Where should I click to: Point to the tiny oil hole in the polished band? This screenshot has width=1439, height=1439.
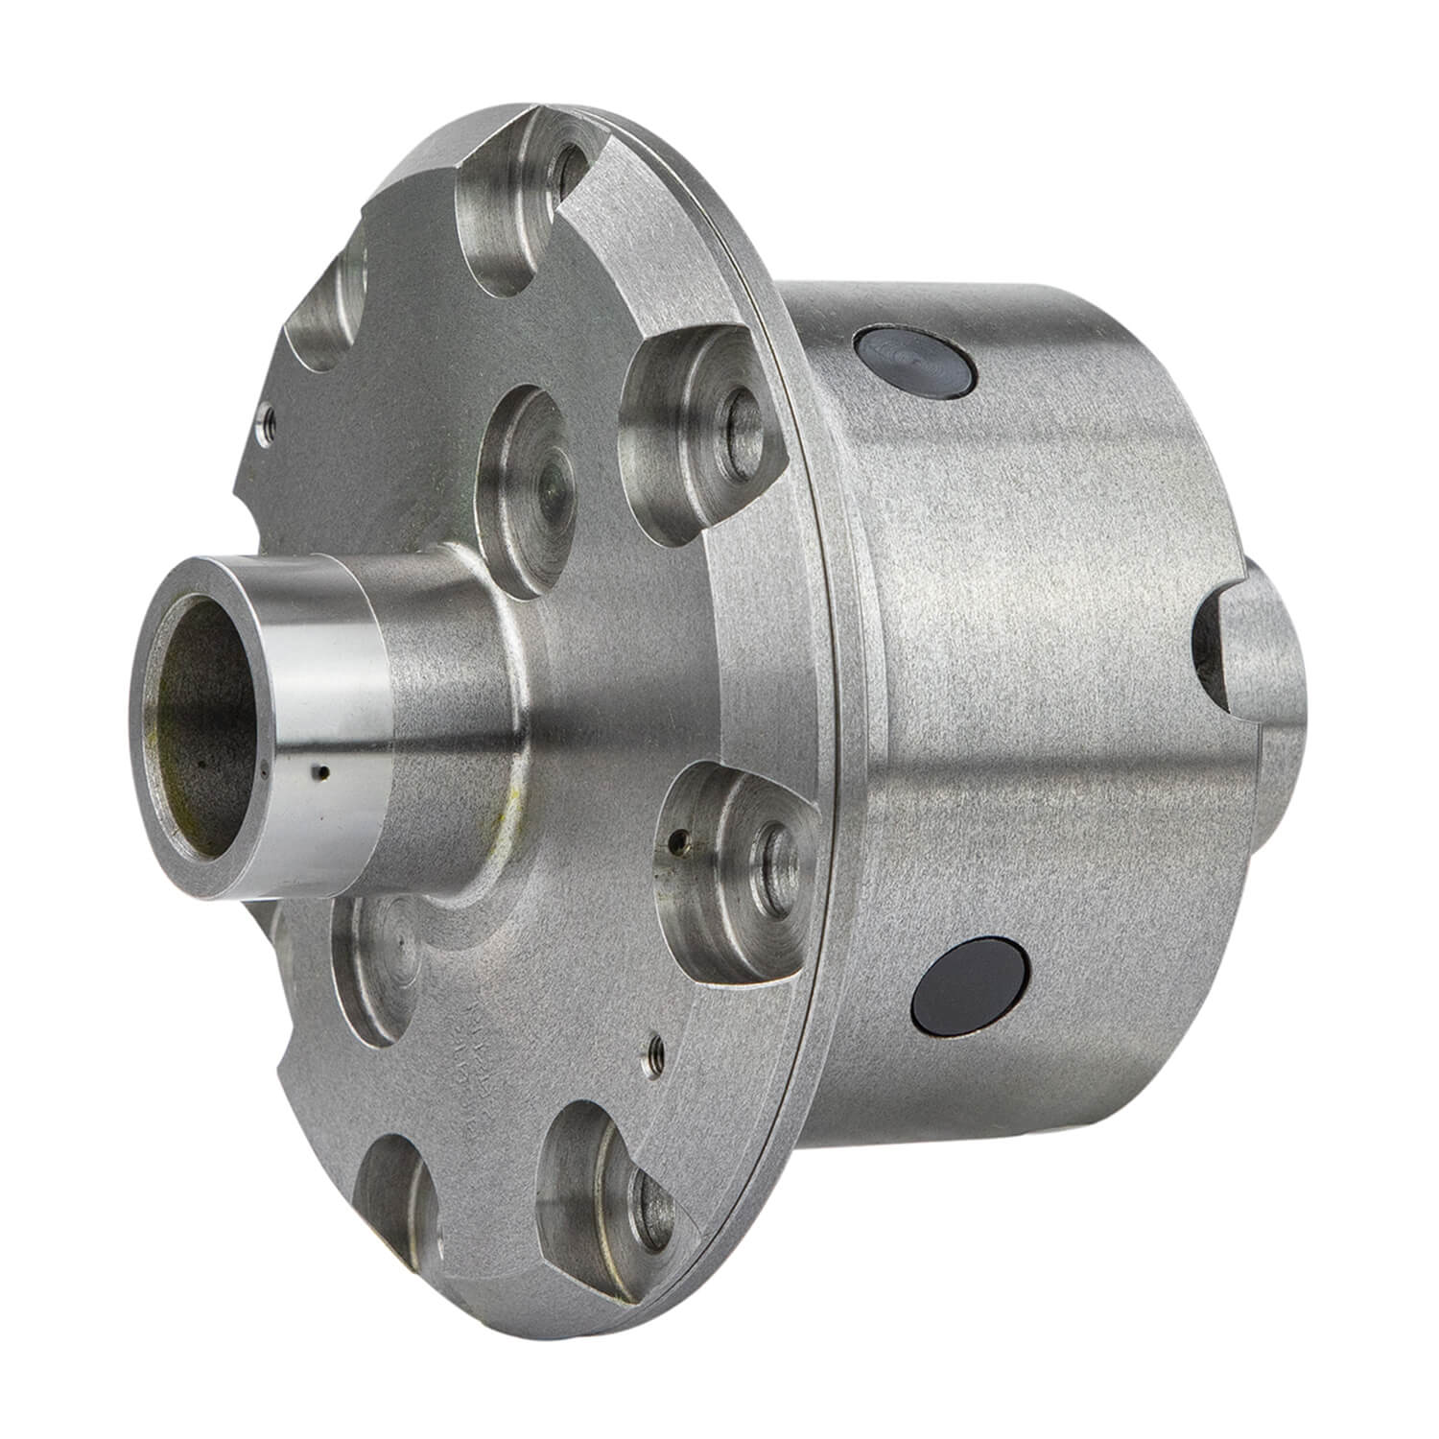(325, 772)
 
